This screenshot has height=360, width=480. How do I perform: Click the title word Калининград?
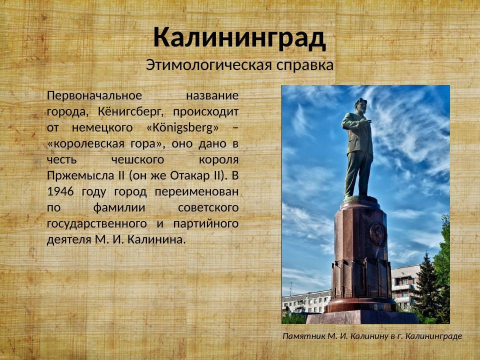pos(239,37)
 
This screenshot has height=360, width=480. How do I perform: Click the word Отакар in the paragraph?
pos(188,175)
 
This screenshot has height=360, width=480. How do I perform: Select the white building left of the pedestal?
pos(306,301)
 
